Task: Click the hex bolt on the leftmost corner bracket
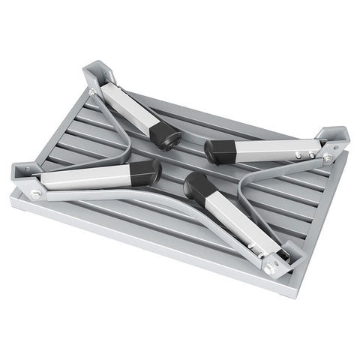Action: (35, 194)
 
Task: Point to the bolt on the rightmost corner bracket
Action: (327, 159)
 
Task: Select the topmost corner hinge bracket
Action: (99, 75)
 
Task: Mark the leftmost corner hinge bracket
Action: (25, 177)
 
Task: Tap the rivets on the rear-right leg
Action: (304, 156)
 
